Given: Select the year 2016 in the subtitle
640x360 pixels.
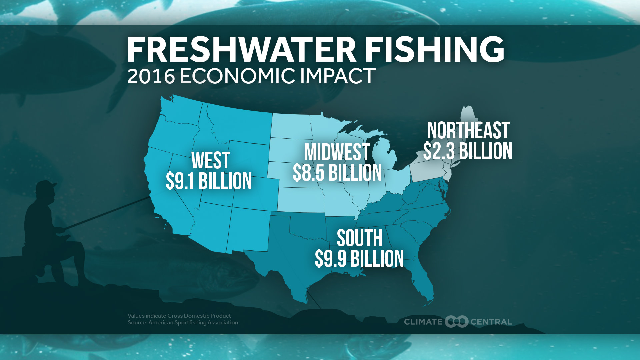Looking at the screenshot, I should [151, 76].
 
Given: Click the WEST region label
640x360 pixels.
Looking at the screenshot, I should [211, 160].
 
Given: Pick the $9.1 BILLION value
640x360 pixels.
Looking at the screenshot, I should [209, 181].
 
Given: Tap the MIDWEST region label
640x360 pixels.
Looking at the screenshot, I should [337, 152].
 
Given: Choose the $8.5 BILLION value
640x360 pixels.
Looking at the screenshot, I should [337, 173].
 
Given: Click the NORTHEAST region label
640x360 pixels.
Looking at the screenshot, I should [468, 130].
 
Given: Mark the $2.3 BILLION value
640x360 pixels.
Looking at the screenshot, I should [468, 151].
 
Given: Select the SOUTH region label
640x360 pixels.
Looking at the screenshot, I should [360, 238].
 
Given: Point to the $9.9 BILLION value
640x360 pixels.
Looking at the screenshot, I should [359, 259].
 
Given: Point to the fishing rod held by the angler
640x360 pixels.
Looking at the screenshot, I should [107, 213].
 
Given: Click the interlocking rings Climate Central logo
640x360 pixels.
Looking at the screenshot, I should [456, 322].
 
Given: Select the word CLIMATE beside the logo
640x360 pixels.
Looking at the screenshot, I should [423, 322].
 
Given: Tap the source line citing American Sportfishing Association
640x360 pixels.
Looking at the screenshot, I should [183, 323].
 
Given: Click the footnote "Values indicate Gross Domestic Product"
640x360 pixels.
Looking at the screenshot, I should [179, 316].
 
